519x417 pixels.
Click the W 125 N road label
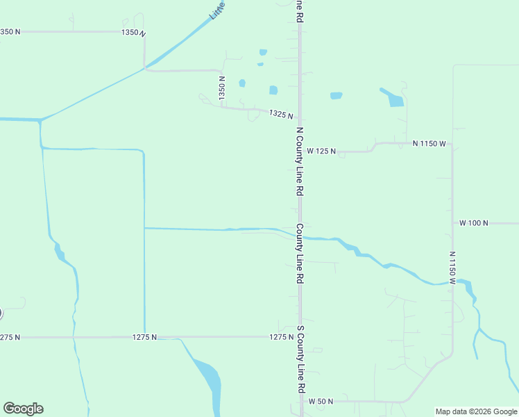(321, 151)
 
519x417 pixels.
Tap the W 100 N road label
(474, 223)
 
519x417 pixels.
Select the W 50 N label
(321, 402)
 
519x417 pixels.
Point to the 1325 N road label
(281, 115)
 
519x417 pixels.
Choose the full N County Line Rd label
(300, 161)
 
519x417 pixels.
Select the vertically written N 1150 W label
(452, 268)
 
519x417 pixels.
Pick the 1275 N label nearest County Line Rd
(281, 336)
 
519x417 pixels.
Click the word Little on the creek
(218, 10)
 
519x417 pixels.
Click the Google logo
(23, 408)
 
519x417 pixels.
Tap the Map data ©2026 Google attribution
(475, 411)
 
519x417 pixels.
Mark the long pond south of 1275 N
(209, 379)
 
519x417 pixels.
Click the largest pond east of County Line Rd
(393, 98)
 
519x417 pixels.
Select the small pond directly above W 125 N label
(337, 95)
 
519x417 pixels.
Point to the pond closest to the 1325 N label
(273, 90)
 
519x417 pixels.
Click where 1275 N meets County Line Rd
(300, 336)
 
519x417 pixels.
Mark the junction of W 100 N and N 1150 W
(452, 223)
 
